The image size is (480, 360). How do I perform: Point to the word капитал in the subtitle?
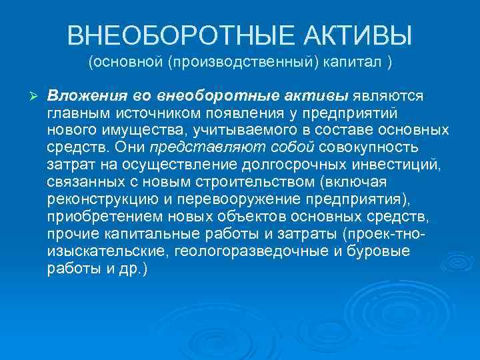pyautogui.click(x=353, y=63)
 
